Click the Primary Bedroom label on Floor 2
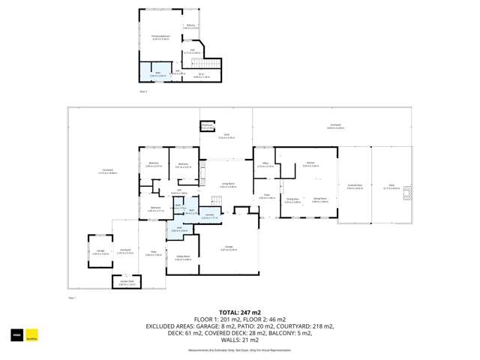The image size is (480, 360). [160, 37]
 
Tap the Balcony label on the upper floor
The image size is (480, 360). [190, 27]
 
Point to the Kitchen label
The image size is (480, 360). [310, 163]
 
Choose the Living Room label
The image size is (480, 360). [228, 184]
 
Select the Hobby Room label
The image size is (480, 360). [182, 258]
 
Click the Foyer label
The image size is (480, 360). [265, 196]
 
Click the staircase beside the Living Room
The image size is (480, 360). [216, 199]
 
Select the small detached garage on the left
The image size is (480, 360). [100, 252]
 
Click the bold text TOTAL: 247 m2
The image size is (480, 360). [239, 312]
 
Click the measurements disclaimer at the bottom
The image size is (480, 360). [239, 349]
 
